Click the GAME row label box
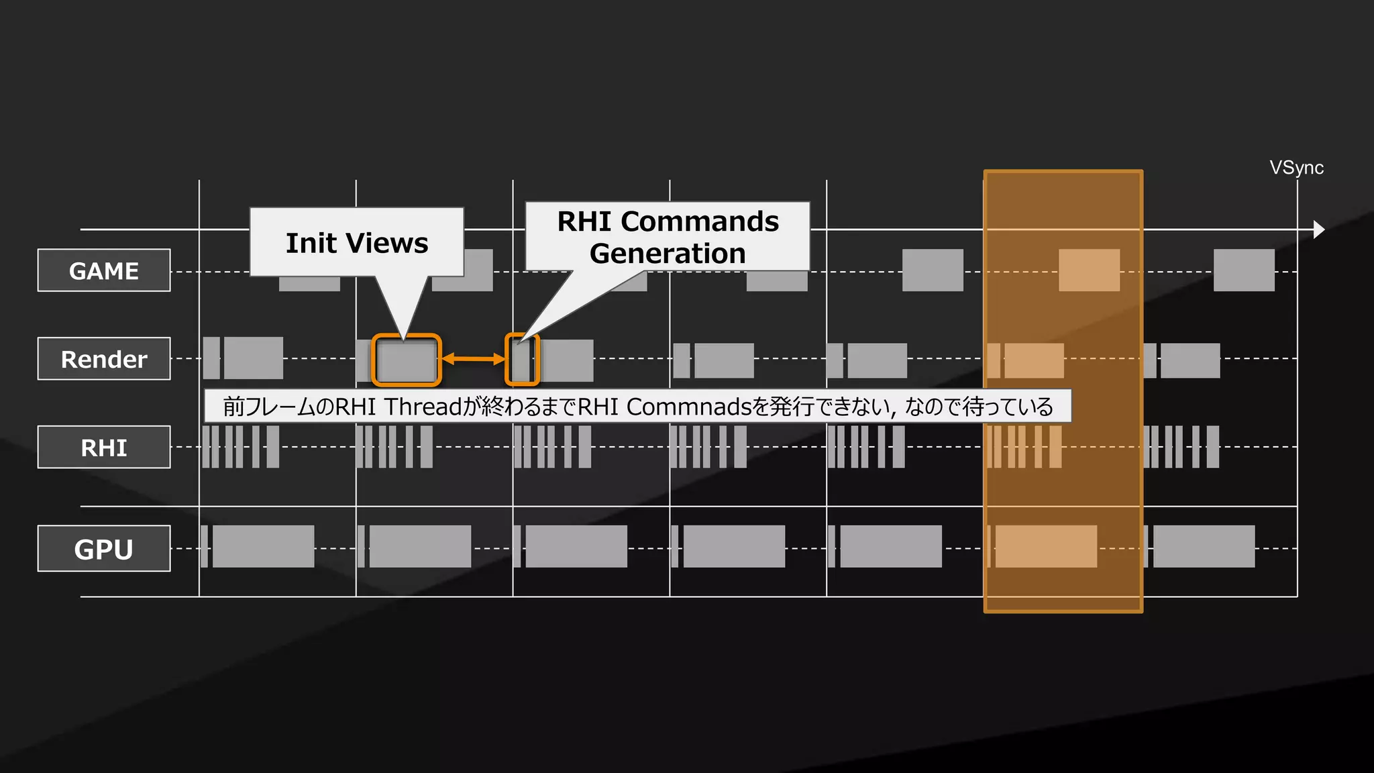click(104, 270)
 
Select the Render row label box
click(104, 359)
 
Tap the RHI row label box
click(104, 447)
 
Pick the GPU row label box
click(104, 549)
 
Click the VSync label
click(1296, 168)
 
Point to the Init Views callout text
click(357, 243)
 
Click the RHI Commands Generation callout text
click(668, 238)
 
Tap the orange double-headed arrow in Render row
click(473, 359)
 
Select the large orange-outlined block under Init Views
click(407, 360)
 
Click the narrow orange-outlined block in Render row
click(522, 360)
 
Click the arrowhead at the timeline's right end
click(1319, 229)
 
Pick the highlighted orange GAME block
click(1089, 270)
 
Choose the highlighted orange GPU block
click(1046, 547)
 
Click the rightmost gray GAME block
click(1244, 270)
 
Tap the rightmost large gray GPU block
click(1204, 547)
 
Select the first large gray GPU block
click(263, 547)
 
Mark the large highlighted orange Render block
click(1034, 361)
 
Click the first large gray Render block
click(253, 358)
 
